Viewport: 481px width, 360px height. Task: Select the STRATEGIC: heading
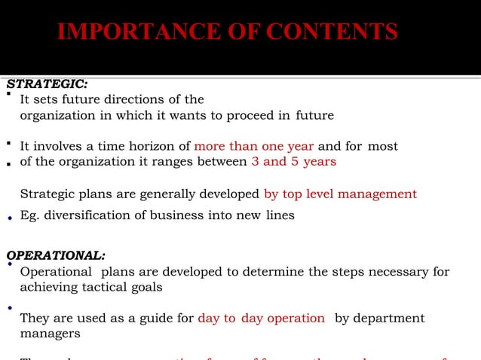(46, 84)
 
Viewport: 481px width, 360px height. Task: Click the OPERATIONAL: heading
(55, 255)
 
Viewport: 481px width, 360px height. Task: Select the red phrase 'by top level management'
(340, 194)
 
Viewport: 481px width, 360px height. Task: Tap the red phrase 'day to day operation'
(261, 319)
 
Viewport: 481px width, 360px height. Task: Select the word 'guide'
(156, 319)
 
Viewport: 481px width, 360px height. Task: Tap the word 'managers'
(50, 334)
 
